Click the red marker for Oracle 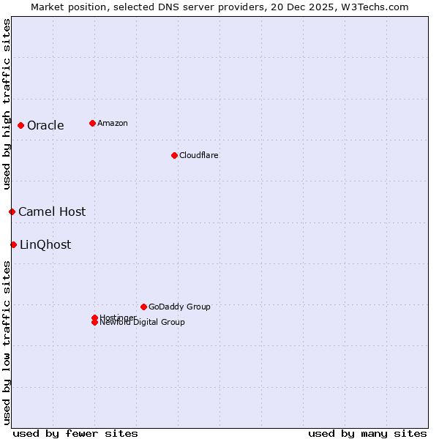pyautogui.click(x=21, y=125)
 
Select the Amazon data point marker pyautogui.click(x=92, y=123)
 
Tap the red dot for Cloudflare pyautogui.click(x=174, y=155)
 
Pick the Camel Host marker pyautogui.click(x=12, y=211)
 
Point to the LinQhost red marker pyautogui.click(x=14, y=244)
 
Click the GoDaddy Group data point pyautogui.click(x=143, y=307)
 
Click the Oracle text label pyautogui.click(x=45, y=126)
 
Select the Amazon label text pyautogui.click(x=113, y=123)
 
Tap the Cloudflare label pyautogui.click(x=199, y=155)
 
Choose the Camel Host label pyautogui.click(x=52, y=212)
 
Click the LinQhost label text pyautogui.click(x=45, y=245)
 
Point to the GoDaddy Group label pyautogui.click(x=179, y=307)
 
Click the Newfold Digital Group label pyautogui.click(x=143, y=323)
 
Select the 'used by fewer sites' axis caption pyautogui.click(x=75, y=433)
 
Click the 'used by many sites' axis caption pyautogui.click(x=367, y=433)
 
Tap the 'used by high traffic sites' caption pyautogui.click(x=7, y=104)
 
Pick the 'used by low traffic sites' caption pyautogui.click(x=7, y=342)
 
